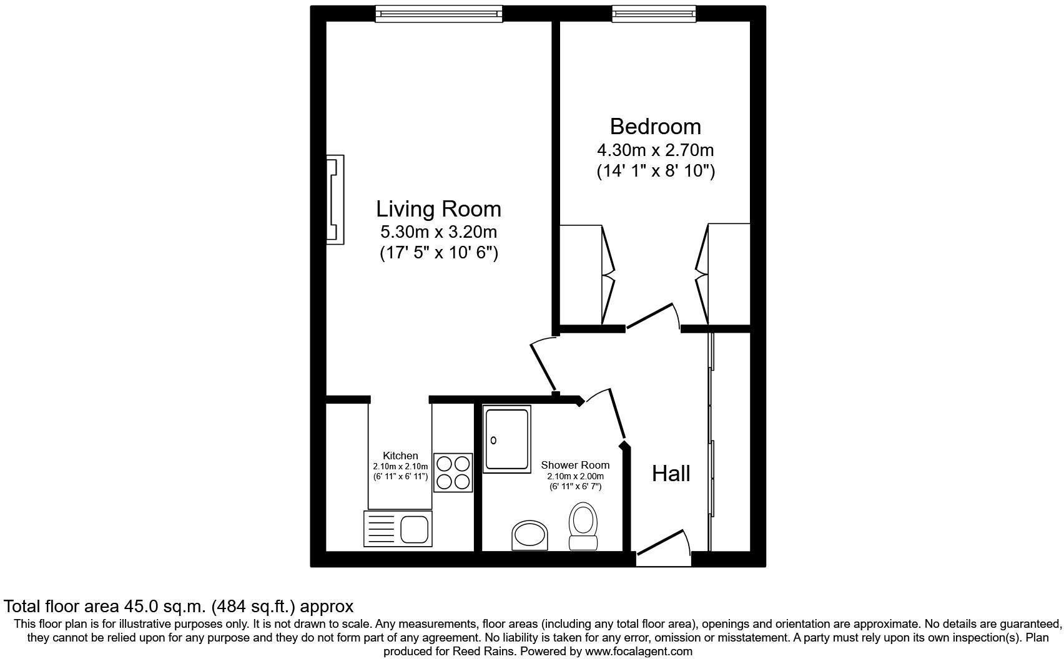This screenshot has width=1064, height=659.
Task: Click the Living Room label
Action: (438, 209)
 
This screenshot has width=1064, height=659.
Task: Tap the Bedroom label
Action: (656, 127)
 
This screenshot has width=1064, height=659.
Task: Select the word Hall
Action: (671, 474)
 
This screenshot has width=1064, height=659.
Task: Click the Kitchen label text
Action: (400, 456)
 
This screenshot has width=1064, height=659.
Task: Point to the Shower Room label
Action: (575, 466)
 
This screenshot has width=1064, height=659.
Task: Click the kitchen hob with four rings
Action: (453, 472)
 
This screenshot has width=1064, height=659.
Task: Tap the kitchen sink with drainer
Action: (398, 529)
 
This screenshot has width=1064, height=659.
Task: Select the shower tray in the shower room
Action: (507, 439)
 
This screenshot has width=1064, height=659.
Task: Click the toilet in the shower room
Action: (583, 526)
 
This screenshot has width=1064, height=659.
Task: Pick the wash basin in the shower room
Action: (530, 535)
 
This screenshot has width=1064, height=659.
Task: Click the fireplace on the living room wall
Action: (335, 200)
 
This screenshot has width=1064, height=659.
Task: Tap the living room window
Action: (439, 14)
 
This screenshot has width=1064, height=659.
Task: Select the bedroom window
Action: (654, 14)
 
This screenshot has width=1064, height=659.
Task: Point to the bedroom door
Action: (650, 316)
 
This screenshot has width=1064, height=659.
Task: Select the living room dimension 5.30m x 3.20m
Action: (438, 232)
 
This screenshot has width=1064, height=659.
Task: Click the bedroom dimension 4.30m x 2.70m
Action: (656, 150)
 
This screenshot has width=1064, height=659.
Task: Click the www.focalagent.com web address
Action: (639, 652)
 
